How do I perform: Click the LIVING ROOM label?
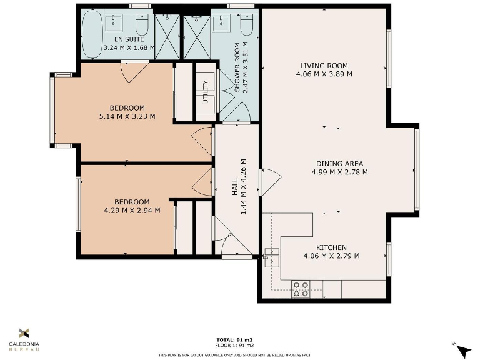click(x=324, y=66)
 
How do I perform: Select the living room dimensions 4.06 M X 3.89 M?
click(x=324, y=74)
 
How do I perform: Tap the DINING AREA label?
click(x=339, y=164)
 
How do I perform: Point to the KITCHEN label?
click(x=331, y=247)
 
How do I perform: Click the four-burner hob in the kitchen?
click(x=301, y=289)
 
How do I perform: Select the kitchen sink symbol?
click(x=271, y=257)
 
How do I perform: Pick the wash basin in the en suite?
click(x=114, y=23)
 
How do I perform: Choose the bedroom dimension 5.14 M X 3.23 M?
click(x=127, y=116)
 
